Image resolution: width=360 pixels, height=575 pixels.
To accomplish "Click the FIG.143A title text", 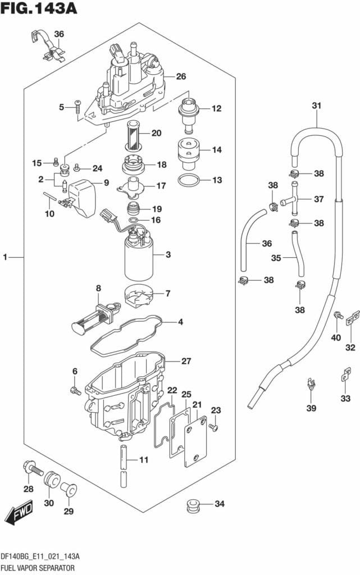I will click(x=39, y=9).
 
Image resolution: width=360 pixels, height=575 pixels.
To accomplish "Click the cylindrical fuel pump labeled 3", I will click(x=138, y=255).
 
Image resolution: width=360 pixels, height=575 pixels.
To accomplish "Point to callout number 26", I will click(x=181, y=76).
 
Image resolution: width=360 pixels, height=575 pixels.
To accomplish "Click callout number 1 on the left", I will click(x=5, y=257).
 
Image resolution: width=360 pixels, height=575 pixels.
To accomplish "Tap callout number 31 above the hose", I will click(x=316, y=105).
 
